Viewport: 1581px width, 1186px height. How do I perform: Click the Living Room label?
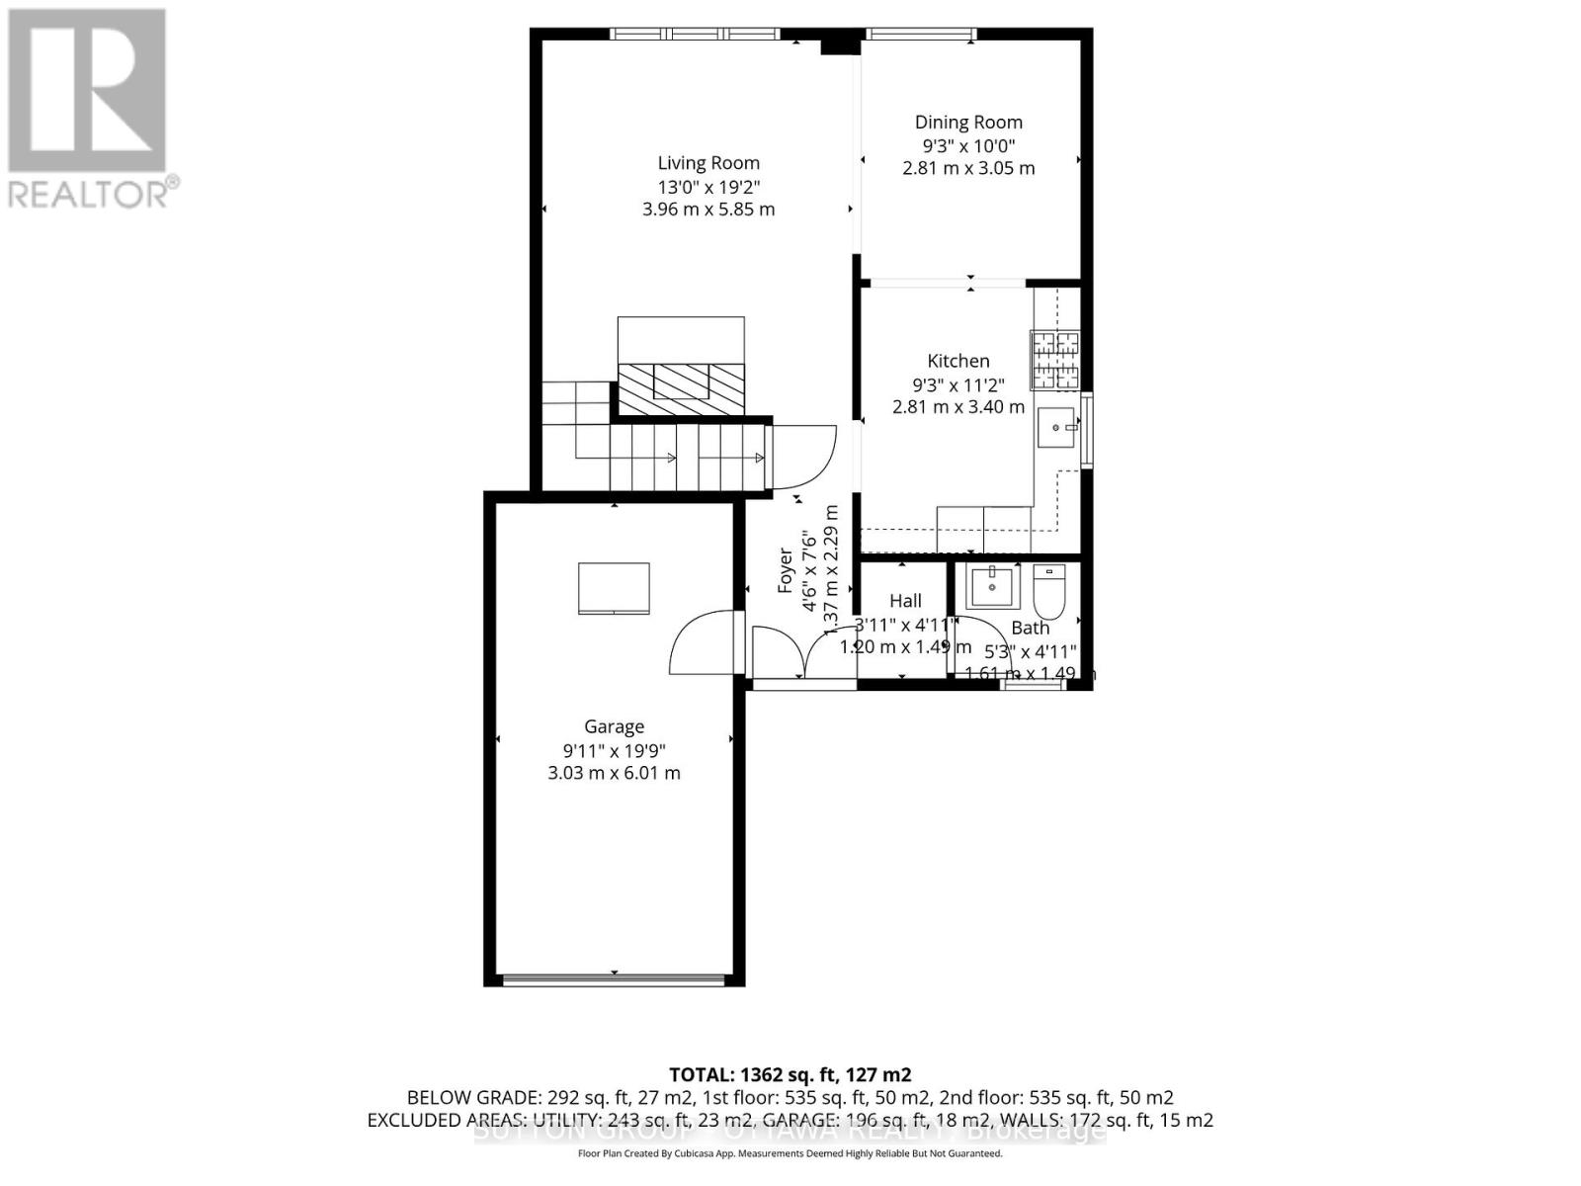click(708, 163)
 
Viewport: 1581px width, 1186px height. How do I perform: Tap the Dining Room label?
click(967, 123)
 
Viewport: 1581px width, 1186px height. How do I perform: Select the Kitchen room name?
click(957, 362)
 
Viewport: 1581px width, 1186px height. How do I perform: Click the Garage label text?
click(614, 726)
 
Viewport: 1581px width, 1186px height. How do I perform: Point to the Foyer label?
click(786, 570)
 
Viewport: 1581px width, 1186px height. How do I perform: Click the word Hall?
click(905, 601)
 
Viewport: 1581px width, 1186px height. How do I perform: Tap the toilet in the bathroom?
click(1048, 590)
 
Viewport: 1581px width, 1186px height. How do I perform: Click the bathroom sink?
click(991, 587)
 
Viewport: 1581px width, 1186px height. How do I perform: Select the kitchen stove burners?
click(1055, 360)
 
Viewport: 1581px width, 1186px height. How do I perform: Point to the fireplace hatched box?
click(681, 381)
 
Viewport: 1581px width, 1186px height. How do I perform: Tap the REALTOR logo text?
click(94, 193)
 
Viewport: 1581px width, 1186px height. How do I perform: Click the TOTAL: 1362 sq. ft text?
click(790, 1074)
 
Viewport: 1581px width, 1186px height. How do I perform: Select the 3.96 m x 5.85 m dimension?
click(708, 210)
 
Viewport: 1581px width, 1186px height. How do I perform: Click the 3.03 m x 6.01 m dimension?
click(614, 773)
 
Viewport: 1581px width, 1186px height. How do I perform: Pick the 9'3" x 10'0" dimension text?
click(967, 145)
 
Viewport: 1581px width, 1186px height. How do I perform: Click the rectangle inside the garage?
click(614, 589)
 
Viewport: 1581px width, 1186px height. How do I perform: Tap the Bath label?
click(1030, 628)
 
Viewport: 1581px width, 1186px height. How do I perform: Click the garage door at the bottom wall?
click(614, 980)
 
